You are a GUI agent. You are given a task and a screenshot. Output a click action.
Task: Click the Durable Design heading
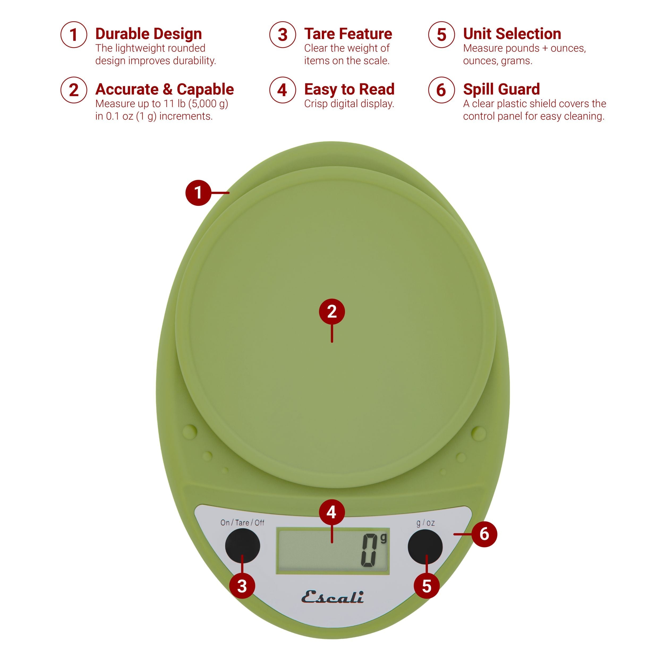[148, 34]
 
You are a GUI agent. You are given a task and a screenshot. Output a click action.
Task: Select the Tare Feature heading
[348, 34]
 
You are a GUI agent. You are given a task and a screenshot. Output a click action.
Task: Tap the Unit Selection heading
[512, 34]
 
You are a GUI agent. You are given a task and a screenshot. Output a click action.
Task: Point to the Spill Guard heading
[501, 89]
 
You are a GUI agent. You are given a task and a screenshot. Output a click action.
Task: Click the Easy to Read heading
[349, 89]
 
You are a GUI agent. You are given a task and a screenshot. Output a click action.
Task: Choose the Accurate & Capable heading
[164, 89]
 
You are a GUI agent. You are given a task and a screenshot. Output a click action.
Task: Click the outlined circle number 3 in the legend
[283, 35]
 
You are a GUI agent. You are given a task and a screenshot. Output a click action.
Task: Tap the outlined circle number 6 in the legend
[441, 90]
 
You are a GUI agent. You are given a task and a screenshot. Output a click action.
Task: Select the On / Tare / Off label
[242, 523]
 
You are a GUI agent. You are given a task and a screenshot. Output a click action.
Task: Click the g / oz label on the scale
[425, 523]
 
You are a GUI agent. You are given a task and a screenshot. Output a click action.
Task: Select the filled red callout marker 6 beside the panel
[484, 534]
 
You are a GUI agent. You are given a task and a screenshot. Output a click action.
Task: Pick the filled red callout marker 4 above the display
[331, 512]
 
